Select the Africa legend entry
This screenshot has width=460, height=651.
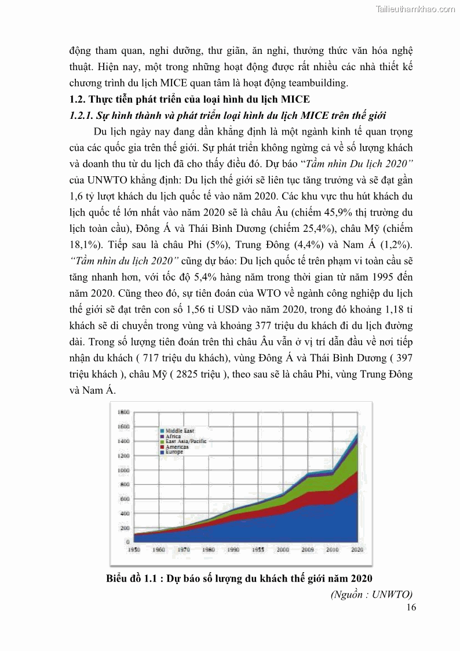(x=173, y=436)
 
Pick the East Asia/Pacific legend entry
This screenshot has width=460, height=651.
(x=185, y=441)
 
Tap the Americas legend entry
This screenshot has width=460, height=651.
(x=177, y=446)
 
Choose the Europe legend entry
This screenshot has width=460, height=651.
(x=174, y=452)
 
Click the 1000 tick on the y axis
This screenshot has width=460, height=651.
(x=125, y=470)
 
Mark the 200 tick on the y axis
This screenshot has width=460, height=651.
(x=126, y=528)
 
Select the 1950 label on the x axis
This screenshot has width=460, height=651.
(x=133, y=549)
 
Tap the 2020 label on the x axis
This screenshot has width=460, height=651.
(x=357, y=549)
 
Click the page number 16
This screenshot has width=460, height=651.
(x=411, y=607)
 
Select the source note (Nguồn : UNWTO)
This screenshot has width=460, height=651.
(x=371, y=594)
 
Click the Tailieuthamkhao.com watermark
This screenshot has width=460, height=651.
(x=415, y=9)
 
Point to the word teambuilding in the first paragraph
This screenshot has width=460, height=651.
(x=319, y=83)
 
